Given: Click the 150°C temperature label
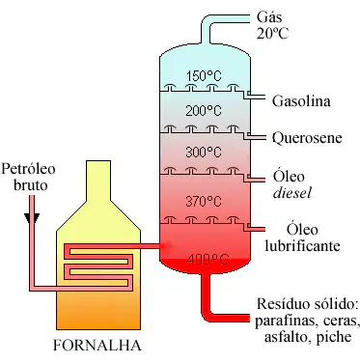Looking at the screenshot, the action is [204, 76].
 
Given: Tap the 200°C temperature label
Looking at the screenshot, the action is [204, 111].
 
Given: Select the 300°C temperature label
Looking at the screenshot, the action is [204, 152].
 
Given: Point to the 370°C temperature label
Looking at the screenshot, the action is [204, 202].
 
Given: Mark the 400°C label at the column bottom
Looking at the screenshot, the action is [208, 259].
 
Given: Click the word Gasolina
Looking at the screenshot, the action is [301, 101].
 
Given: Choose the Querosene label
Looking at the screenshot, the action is [307, 138].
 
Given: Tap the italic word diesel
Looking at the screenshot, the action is [292, 193].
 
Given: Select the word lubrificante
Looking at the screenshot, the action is [302, 246].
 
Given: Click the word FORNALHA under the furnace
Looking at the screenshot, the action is [97, 346].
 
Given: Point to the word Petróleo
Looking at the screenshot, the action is [28, 168].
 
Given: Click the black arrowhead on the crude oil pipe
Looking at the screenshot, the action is [32, 218].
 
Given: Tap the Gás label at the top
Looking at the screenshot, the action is [269, 16].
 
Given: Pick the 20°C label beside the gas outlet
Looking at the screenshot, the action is [272, 33].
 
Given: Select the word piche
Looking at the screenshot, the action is [334, 337].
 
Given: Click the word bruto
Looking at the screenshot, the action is [31, 184].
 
